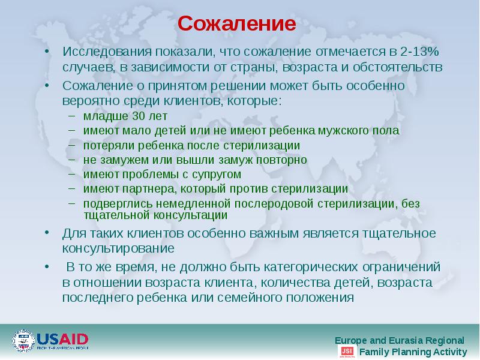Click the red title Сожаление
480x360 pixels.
point(237,25)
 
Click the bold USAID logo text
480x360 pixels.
point(62,338)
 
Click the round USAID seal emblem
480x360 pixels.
point(23,341)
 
